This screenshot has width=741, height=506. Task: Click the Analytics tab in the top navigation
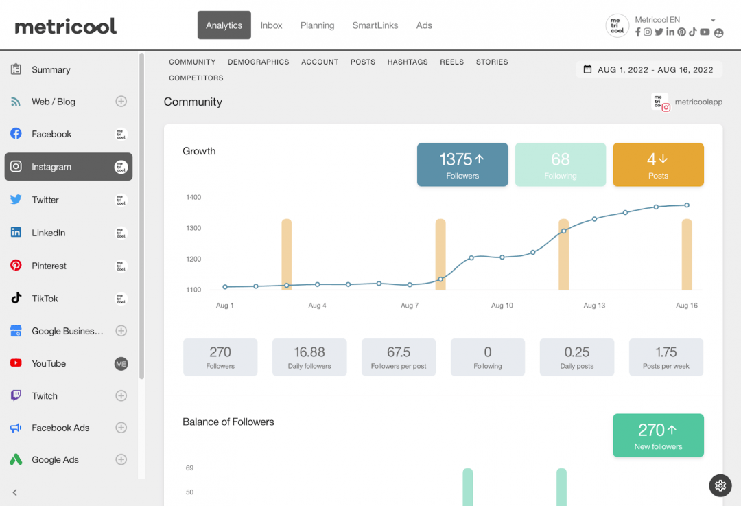point(224,25)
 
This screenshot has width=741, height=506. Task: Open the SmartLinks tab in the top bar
point(375,25)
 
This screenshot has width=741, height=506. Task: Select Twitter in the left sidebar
point(45,200)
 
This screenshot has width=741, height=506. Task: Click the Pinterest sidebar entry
point(49,266)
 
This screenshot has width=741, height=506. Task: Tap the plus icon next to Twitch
point(121,395)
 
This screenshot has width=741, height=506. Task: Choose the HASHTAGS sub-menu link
point(408,62)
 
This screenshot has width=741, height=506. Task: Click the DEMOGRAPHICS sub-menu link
point(259,62)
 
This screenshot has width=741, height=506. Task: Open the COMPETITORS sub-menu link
point(196,78)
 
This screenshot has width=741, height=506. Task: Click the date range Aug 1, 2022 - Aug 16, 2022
point(648,69)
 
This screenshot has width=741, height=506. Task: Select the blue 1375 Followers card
point(462,165)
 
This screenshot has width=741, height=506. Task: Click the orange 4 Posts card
point(658,165)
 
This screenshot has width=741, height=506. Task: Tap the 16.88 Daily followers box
point(309,357)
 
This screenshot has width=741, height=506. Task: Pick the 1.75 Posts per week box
point(666,357)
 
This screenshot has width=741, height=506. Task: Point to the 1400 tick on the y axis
point(193,198)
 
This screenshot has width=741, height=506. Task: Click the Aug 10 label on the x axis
point(502,306)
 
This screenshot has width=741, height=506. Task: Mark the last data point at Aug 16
point(687,205)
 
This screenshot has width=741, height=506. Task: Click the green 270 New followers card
point(658,435)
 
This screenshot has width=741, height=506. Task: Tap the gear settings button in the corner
point(720,485)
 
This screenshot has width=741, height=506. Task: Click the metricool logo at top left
point(66,26)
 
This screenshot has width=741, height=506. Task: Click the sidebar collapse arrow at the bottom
point(15,492)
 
